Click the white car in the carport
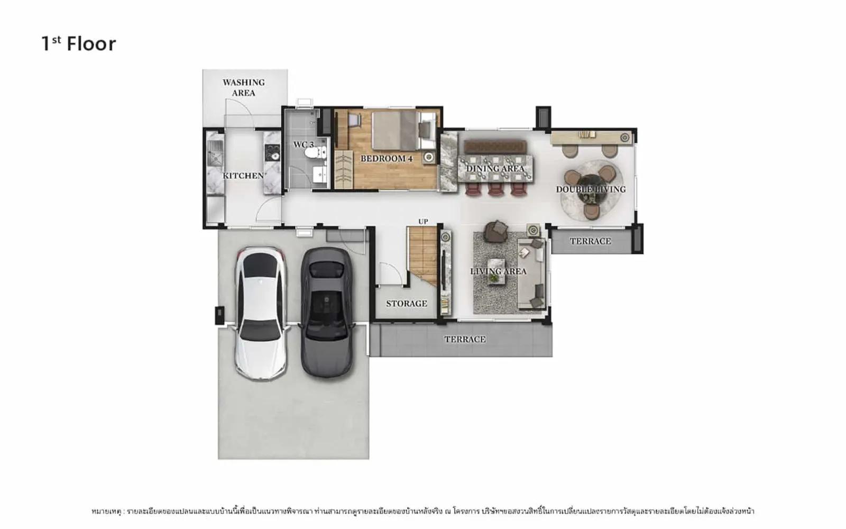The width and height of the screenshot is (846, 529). (x=261, y=313)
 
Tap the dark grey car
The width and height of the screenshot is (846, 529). (x=327, y=312)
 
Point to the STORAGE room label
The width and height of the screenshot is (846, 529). (x=407, y=304)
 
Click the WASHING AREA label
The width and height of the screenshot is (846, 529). (x=244, y=87)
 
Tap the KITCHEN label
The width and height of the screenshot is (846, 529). (x=243, y=176)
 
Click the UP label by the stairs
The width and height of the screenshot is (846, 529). (x=423, y=222)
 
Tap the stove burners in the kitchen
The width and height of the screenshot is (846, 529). (x=272, y=152)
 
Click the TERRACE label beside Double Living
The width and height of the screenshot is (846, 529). (x=590, y=241)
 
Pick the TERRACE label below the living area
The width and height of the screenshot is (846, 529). (x=465, y=339)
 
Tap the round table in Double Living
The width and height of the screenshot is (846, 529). (x=590, y=187)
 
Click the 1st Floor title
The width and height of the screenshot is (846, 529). (x=79, y=44)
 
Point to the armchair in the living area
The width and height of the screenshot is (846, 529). (x=496, y=231)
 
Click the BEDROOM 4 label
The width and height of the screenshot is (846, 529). (x=387, y=159)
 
